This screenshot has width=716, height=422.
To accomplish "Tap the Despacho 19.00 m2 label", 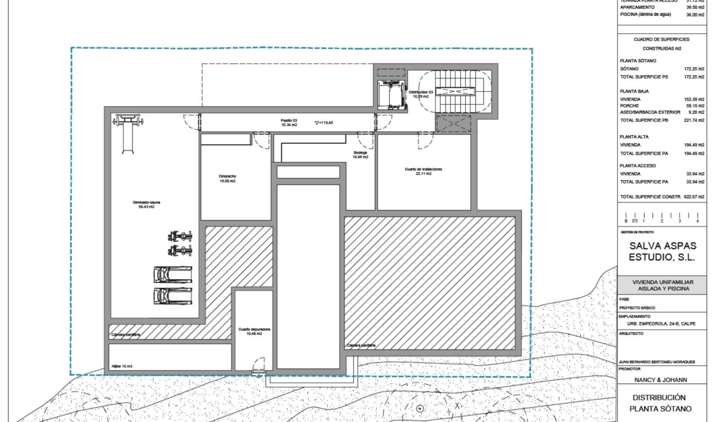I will click(x=227, y=179).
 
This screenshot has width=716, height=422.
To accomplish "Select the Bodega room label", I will click(x=361, y=155).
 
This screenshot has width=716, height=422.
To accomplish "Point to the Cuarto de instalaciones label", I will click(x=423, y=171).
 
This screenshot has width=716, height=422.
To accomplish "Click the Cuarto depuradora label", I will click(x=250, y=331).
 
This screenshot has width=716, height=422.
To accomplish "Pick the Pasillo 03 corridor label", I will click(x=289, y=122).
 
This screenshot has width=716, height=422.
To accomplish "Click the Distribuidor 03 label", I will click(x=421, y=94).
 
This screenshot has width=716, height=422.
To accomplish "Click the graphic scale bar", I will click(x=661, y=216).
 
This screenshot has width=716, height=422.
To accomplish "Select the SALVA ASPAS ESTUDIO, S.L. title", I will click(x=662, y=252).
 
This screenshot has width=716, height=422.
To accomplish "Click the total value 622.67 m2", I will click(x=694, y=197).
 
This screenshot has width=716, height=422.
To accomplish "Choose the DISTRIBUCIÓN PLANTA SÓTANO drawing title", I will click(x=662, y=403).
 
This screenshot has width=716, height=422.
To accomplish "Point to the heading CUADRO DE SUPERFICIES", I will click(x=662, y=39).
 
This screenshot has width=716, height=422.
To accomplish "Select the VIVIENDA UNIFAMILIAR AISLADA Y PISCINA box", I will click(x=662, y=285).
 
